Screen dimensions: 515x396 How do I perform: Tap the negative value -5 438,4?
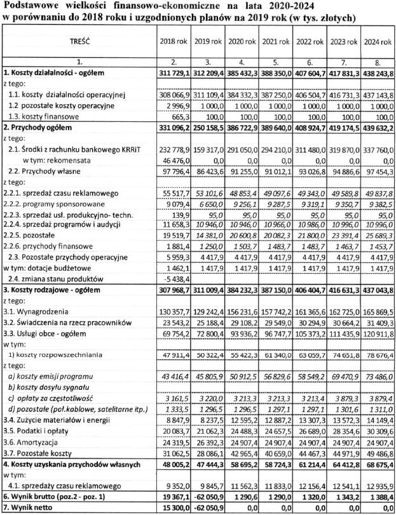[x=175, y=278]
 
